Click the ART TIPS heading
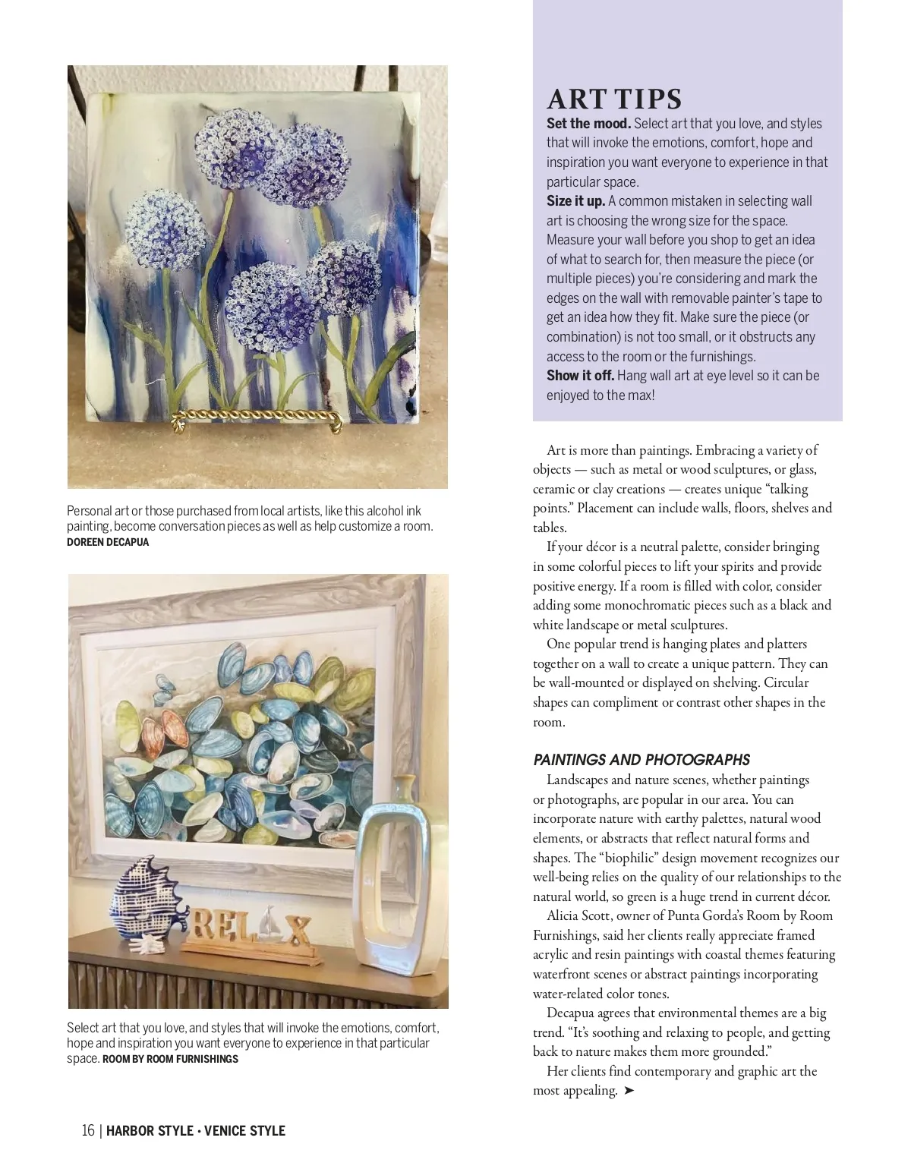614,99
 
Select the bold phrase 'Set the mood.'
588,124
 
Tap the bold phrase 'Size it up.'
575,201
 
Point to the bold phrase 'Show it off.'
580,376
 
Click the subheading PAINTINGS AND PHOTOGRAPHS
641,760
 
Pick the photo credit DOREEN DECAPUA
108,542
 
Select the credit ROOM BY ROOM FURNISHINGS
170,1059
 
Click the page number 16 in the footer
88,1130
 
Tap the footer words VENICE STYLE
244,1130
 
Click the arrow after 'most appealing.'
629,1091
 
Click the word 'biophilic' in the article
629,858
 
